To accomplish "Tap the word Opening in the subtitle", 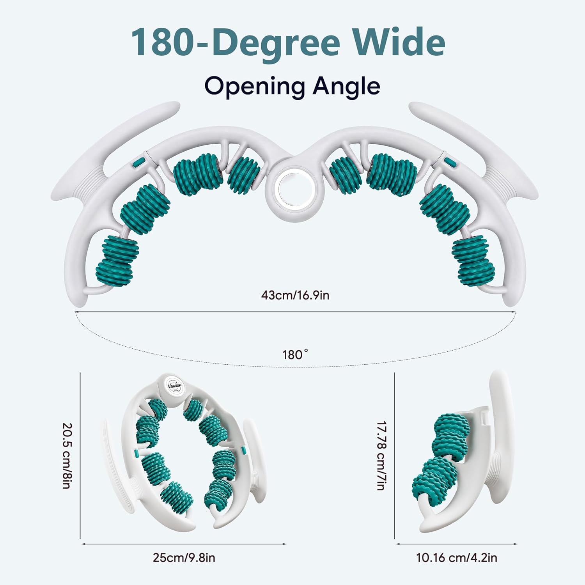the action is pyautogui.click(x=254, y=87).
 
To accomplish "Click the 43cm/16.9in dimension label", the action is pyautogui.click(x=295, y=295).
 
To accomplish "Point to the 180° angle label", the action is pyautogui.click(x=295, y=355).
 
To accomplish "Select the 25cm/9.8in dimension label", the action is pyautogui.click(x=184, y=558).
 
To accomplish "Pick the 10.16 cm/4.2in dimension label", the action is pyautogui.click(x=457, y=558).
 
